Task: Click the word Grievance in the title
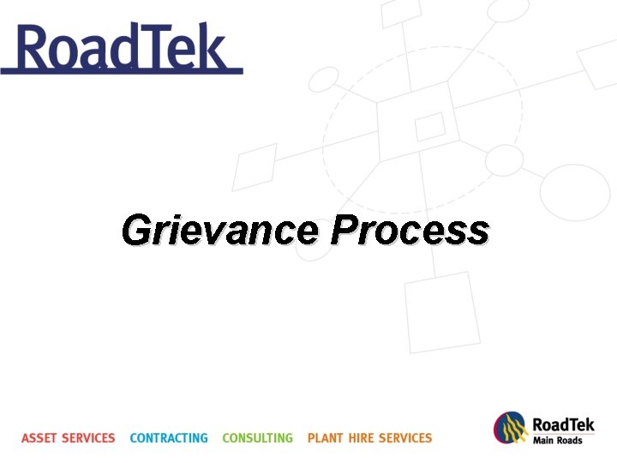click(x=219, y=231)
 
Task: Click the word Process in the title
click(x=410, y=231)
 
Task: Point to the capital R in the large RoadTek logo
click(x=35, y=48)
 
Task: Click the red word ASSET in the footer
click(x=39, y=438)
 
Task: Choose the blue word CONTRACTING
click(x=169, y=438)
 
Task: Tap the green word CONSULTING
click(x=257, y=438)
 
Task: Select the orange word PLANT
click(x=326, y=438)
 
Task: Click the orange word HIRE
click(x=361, y=438)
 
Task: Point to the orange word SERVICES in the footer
click(x=405, y=438)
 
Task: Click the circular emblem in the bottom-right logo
click(x=510, y=429)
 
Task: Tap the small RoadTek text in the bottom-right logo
click(x=563, y=424)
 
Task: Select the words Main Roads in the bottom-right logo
click(x=558, y=441)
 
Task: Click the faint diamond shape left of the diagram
click(x=255, y=166)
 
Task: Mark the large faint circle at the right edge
click(x=574, y=189)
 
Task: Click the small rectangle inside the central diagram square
click(x=430, y=127)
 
